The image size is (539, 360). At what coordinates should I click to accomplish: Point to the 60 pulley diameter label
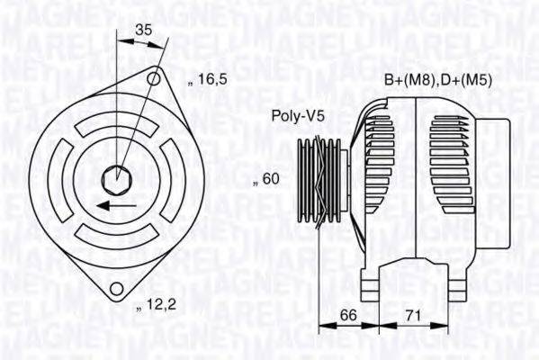[267, 180]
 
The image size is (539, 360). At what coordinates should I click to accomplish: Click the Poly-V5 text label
[298, 115]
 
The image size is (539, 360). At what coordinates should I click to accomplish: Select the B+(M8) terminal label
[410, 81]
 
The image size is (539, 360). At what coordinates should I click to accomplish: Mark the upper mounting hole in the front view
[154, 79]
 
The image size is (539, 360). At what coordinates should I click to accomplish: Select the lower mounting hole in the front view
[114, 288]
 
